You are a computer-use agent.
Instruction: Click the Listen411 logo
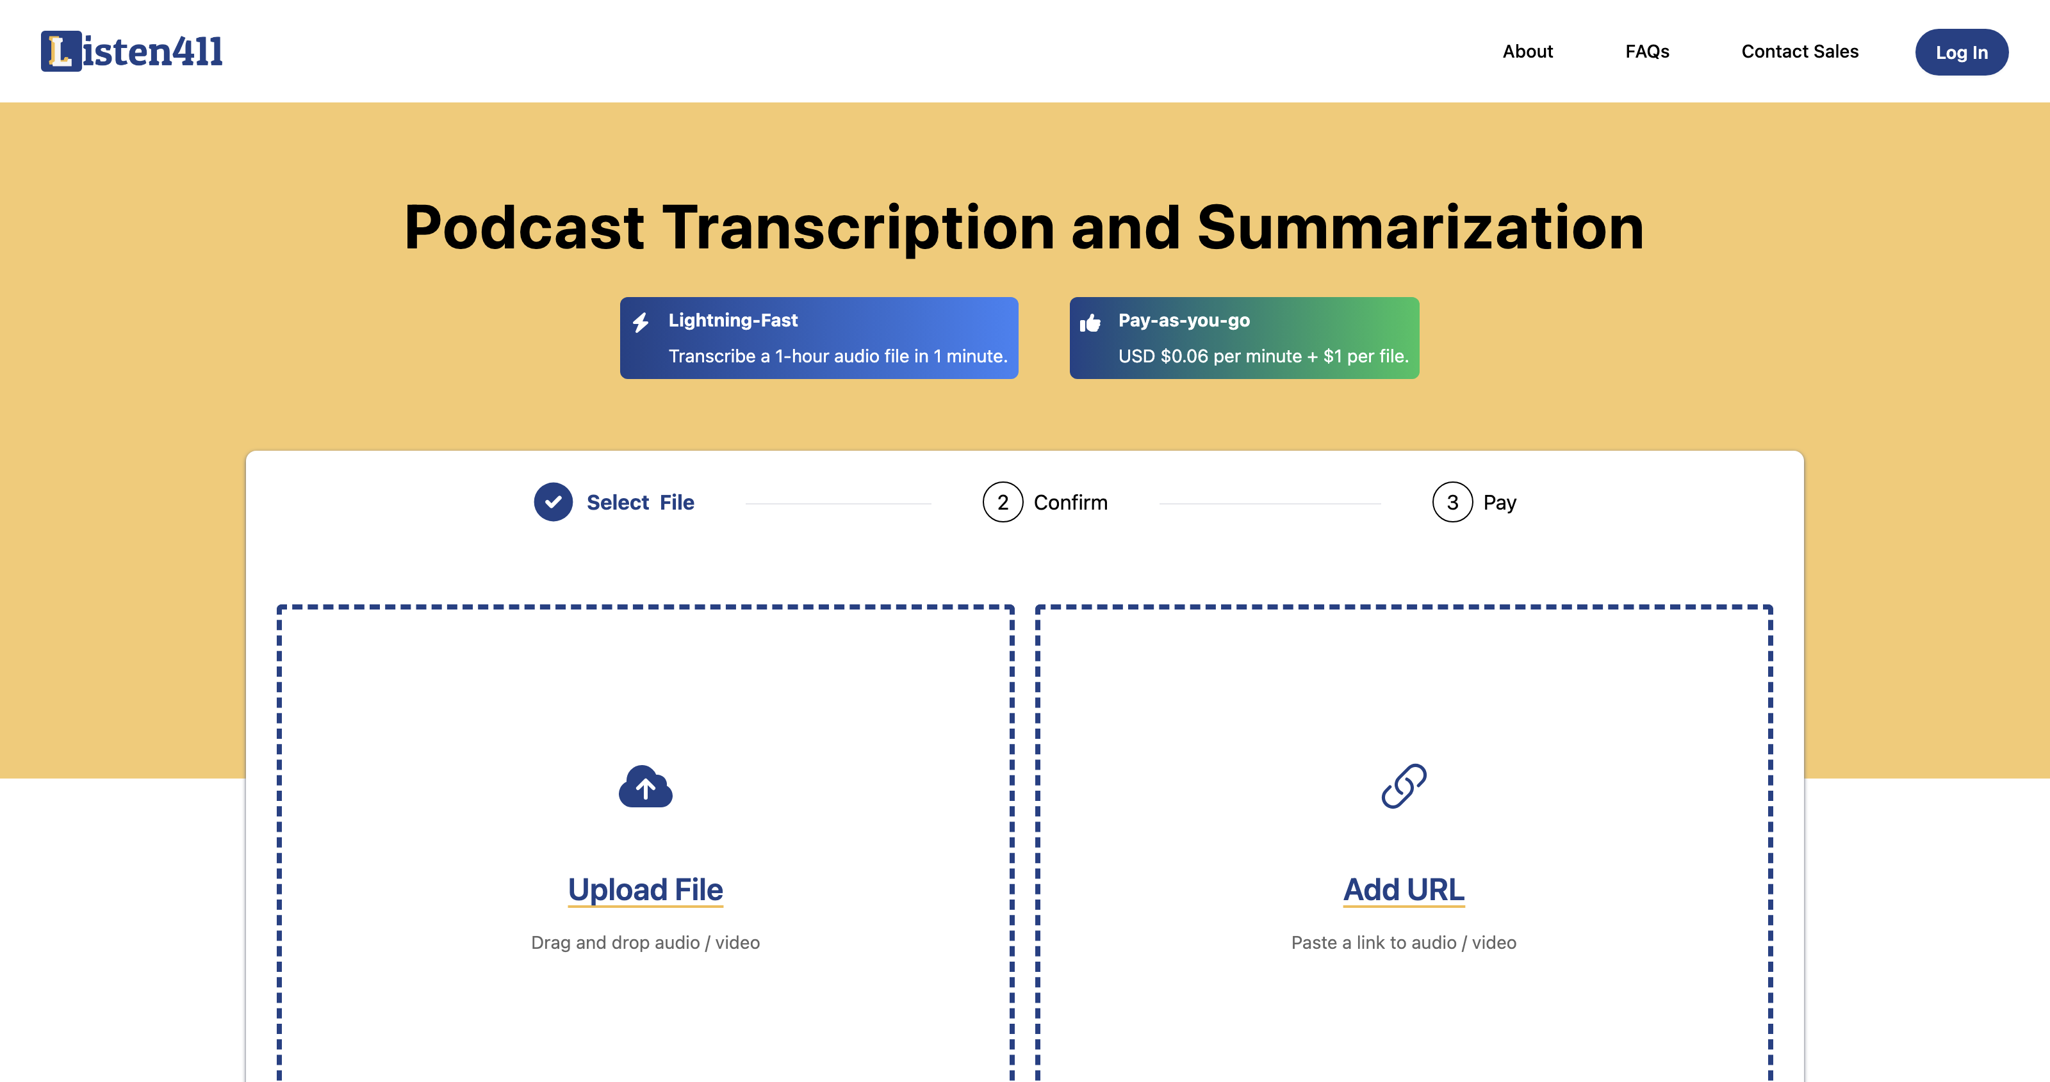[x=132, y=51]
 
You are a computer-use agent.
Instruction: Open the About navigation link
[x=1527, y=52]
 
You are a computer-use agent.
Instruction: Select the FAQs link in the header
[x=1647, y=52]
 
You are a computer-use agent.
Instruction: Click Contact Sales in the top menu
[x=1800, y=52]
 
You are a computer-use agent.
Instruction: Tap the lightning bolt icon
[x=641, y=322]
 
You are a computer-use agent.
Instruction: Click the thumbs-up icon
[x=1090, y=322]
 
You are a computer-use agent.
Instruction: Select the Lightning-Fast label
[x=733, y=320]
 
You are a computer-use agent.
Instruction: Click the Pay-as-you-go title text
[x=1184, y=320]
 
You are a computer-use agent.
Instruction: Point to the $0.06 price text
[x=1184, y=357]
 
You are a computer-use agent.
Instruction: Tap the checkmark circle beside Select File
[x=553, y=502]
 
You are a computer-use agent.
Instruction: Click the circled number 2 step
[x=1003, y=502]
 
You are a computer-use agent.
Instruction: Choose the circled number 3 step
[x=1452, y=502]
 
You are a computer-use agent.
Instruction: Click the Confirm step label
[x=1070, y=503]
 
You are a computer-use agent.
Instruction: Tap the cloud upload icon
[x=645, y=787]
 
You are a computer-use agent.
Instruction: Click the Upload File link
[x=645, y=889]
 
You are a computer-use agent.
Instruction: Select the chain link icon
[x=1404, y=786]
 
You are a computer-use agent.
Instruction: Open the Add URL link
[x=1404, y=889]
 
